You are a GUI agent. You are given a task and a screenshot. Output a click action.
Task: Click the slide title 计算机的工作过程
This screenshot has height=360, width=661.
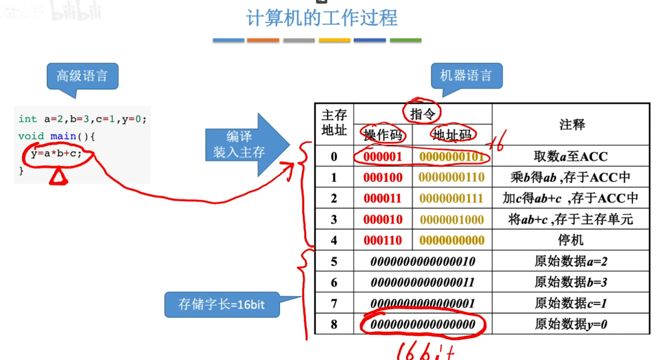click(x=322, y=18)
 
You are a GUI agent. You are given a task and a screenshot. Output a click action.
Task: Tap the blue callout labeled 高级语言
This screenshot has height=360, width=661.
click(x=82, y=76)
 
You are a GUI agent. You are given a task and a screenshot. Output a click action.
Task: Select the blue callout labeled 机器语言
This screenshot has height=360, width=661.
click(x=466, y=76)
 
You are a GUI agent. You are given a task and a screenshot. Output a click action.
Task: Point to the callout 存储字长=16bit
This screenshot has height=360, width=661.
click(x=221, y=304)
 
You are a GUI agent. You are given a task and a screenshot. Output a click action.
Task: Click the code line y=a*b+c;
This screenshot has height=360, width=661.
click(x=56, y=154)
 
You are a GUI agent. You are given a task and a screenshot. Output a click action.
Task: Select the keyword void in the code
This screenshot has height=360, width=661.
click(x=31, y=136)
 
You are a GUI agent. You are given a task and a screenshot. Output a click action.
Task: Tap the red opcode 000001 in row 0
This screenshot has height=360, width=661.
click(x=382, y=156)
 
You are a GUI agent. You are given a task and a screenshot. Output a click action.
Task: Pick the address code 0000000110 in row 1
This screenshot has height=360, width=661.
click(x=451, y=177)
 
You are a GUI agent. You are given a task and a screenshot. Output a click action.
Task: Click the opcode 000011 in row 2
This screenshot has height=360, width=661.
click(x=382, y=198)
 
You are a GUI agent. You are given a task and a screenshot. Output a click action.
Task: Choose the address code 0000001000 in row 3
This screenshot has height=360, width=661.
click(x=451, y=220)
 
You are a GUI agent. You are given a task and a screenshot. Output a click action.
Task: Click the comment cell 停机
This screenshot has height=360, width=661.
click(x=570, y=240)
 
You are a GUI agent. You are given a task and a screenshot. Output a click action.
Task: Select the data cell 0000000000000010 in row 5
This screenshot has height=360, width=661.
click(x=423, y=262)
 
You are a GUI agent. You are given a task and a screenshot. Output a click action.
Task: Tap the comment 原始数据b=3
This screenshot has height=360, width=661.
click(x=570, y=282)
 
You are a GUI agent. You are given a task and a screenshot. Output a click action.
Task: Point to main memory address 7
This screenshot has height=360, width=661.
click(x=334, y=304)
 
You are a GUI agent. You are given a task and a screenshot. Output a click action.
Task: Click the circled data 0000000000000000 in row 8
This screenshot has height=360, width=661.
click(x=423, y=325)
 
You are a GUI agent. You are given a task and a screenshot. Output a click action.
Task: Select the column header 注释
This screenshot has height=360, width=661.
click(x=572, y=125)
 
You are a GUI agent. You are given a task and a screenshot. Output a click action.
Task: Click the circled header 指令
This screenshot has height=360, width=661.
click(x=422, y=114)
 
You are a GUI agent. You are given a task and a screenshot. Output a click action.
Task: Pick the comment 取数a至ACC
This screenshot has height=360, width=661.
click(x=570, y=156)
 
